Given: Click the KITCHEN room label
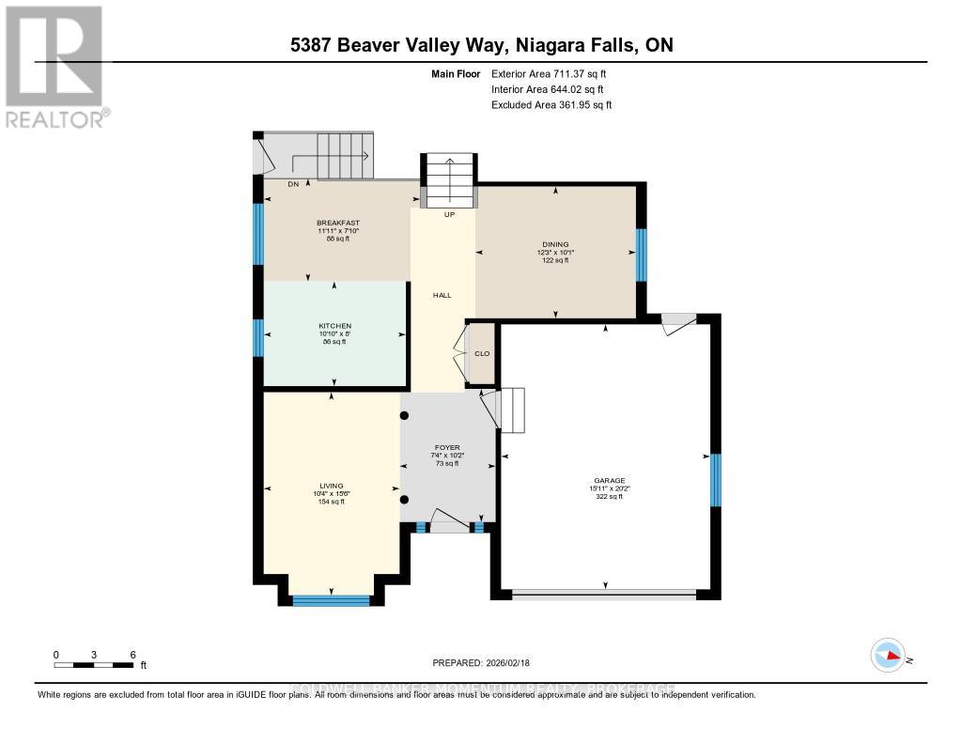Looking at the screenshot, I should click(x=334, y=326).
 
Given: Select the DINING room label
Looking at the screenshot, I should click(x=555, y=244).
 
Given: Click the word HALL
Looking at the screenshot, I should click(x=442, y=295).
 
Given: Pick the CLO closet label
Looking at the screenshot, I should click(x=482, y=353).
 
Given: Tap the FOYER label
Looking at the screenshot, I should click(x=446, y=447).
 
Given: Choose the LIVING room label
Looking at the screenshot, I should click(x=332, y=486).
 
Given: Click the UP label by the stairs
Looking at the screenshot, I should click(x=448, y=214).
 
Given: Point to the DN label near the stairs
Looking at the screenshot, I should click(x=267, y=184).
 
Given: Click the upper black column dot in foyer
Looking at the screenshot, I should click(x=404, y=414).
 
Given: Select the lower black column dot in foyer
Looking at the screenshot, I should click(x=404, y=500).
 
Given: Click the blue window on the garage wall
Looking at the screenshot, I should click(x=715, y=479).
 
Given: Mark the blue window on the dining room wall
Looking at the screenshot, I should click(x=640, y=255).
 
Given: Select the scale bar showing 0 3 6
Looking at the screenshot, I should click(x=94, y=660).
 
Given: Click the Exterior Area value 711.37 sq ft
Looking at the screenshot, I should click(x=588, y=73).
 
